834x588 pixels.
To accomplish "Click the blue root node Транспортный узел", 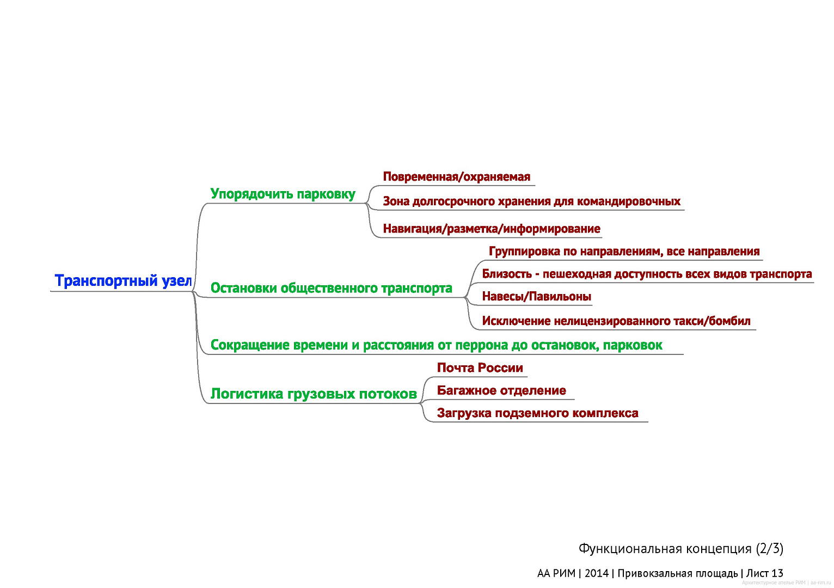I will click(x=123, y=281).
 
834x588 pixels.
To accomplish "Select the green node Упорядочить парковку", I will click(x=283, y=194).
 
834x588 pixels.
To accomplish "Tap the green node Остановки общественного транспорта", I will click(x=331, y=288).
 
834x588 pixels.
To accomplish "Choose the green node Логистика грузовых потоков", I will click(x=314, y=394).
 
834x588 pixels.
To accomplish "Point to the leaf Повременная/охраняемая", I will click(x=456, y=177).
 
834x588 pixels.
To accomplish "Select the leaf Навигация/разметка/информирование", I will click(x=492, y=229).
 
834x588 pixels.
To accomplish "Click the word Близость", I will click(x=506, y=274).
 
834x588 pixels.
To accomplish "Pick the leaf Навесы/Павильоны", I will click(x=536, y=297).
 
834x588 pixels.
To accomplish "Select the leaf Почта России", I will click(x=480, y=368).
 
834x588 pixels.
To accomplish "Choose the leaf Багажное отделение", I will click(x=501, y=390).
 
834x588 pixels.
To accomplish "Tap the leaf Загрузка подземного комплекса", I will click(x=537, y=413).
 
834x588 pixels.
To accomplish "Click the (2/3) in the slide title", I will click(x=769, y=548).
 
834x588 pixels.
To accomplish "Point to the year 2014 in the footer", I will click(x=596, y=573).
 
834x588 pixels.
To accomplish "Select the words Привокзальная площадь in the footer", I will click(x=678, y=573).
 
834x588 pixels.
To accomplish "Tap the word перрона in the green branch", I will click(x=473, y=345).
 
